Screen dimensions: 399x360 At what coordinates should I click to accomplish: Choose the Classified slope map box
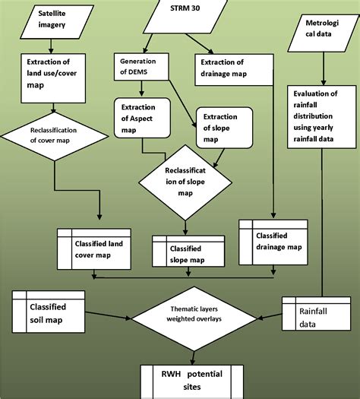pos(188,252)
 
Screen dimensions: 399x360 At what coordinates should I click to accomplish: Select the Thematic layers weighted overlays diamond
pos(193,314)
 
